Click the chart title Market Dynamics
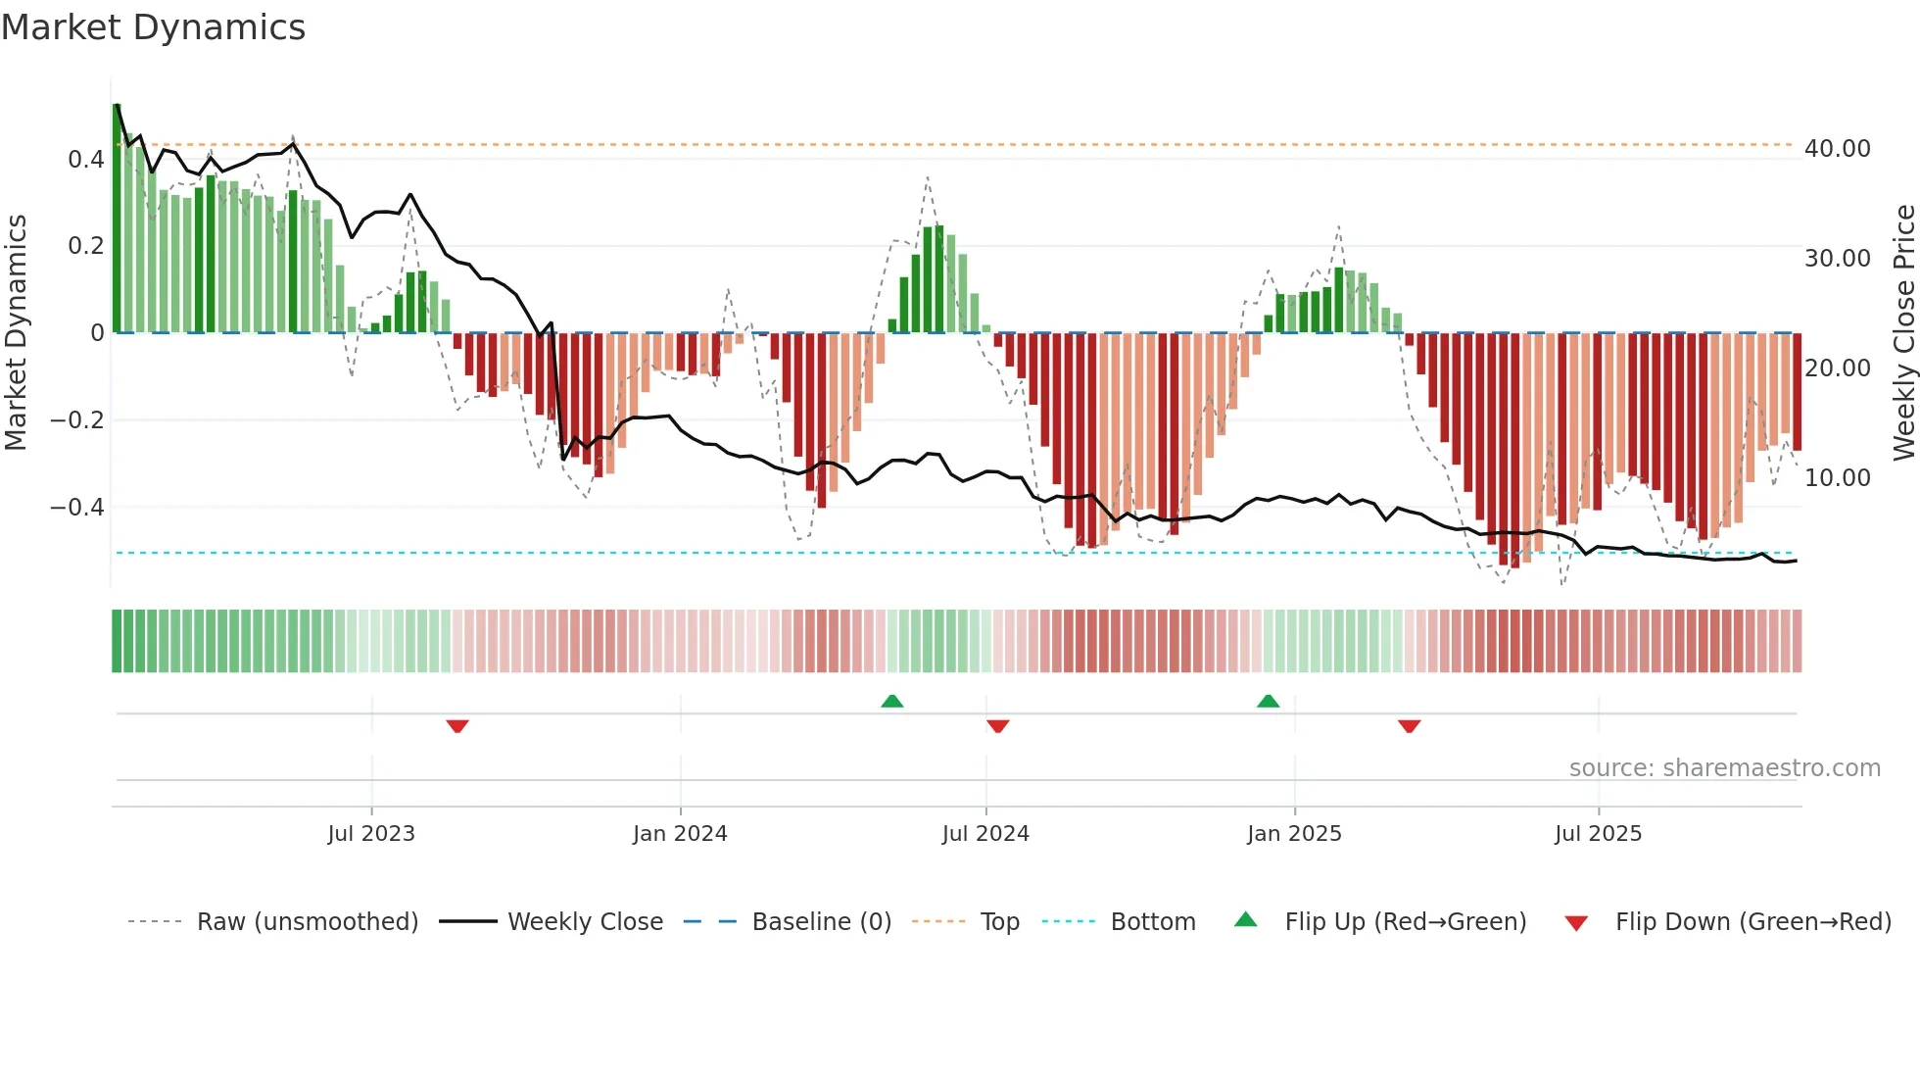pos(154,27)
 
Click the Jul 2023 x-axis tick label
pos(371,834)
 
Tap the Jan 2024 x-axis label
pos(680,834)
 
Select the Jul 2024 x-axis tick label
pos(985,834)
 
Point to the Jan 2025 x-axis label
pos(1294,834)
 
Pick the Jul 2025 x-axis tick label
pos(1598,834)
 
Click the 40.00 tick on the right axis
pos(1837,149)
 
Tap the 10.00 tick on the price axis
pos(1837,478)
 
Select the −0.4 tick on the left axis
pos(76,508)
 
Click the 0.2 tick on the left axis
pos(85,246)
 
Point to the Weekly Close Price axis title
pos(1903,332)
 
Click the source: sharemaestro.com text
pos(1724,768)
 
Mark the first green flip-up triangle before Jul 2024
pos(891,701)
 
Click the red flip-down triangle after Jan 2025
pos(1409,726)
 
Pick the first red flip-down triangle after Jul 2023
pos(457,726)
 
